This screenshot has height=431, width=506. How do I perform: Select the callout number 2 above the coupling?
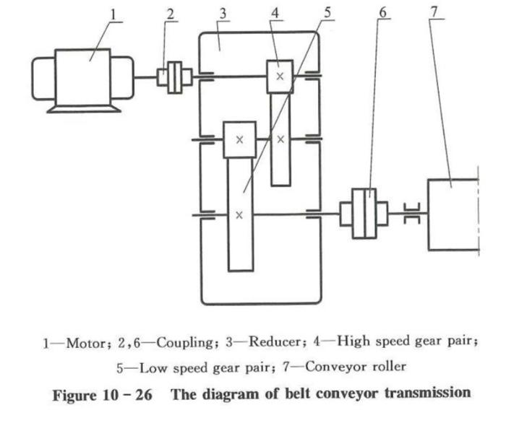click(171, 14)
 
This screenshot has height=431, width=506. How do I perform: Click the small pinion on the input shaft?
click(280, 77)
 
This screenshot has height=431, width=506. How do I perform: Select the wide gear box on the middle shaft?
click(239, 139)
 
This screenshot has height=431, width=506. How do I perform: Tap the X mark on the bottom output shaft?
click(239, 214)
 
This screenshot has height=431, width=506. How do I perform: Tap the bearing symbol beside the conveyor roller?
click(411, 214)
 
